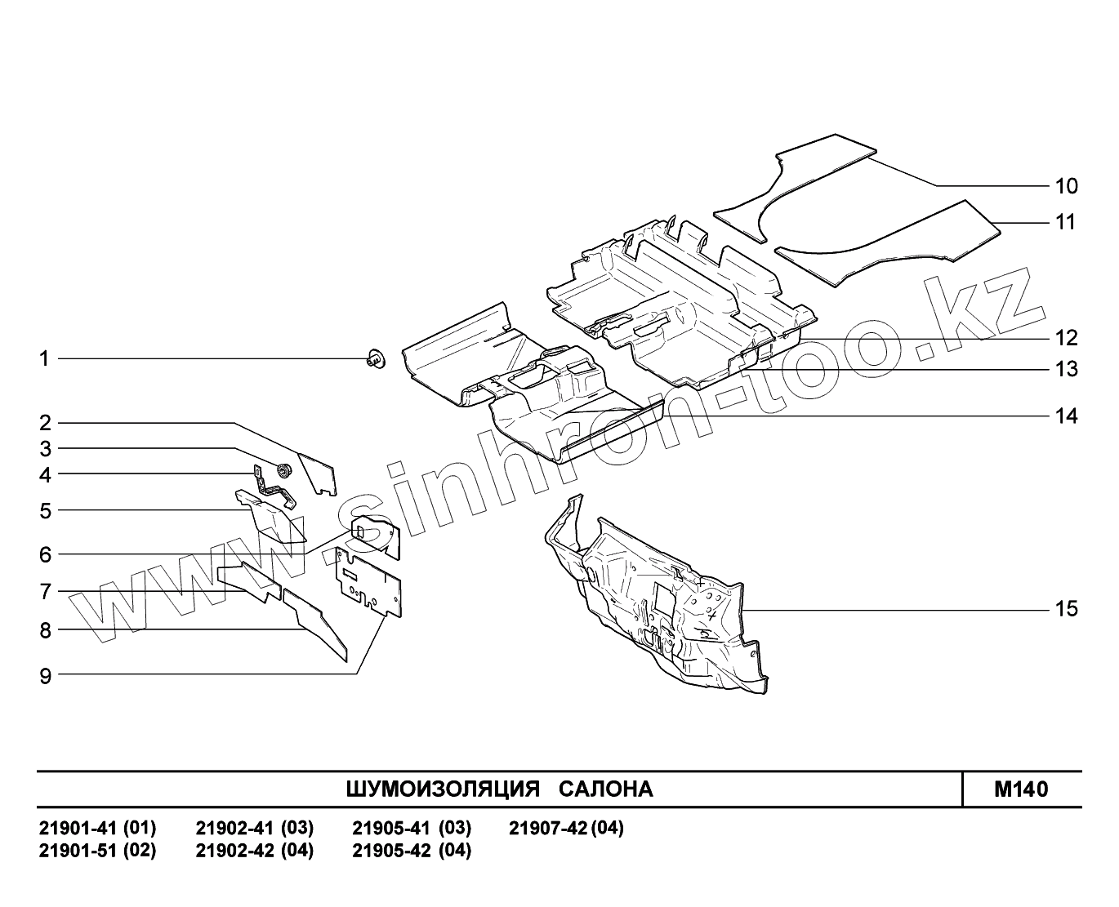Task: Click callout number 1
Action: (x=45, y=358)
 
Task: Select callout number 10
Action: (x=1066, y=186)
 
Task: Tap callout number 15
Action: (x=1066, y=609)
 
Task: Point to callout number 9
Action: (x=45, y=675)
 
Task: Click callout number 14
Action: (x=1066, y=416)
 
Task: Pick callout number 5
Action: (x=45, y=511)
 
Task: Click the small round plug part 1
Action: (x=376, y=358)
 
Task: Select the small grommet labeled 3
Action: (x=285, y=470)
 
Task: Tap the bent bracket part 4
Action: (x=274, y=487)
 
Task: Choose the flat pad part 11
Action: (x=890, y=241)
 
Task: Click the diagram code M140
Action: (x=1021, y=789)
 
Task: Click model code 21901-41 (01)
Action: (x=98, y=829)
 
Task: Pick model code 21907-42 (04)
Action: (x=566, y=829)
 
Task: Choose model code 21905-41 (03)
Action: (x=412, y=829)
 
